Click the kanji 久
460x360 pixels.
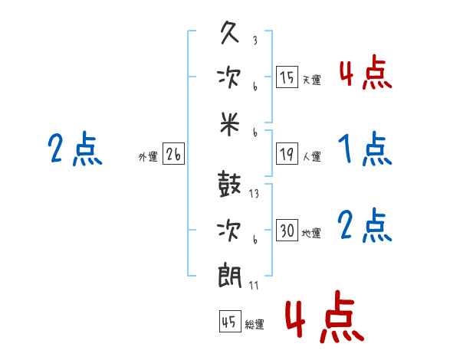230,33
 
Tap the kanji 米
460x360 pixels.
230,124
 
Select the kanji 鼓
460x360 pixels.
229,184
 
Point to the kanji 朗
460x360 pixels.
229,276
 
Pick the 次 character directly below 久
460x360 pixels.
229,78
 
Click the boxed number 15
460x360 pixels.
287,77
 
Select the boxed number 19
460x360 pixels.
287,154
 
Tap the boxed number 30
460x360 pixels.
287,230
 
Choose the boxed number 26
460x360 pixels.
173,154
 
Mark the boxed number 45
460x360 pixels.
230,321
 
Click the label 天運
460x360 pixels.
311,80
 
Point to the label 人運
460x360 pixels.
311,156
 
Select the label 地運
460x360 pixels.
311,234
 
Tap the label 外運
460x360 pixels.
148,156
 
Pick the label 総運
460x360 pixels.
255,325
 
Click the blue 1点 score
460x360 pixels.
365,149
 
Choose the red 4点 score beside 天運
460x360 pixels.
366,72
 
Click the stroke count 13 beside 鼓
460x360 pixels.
254,194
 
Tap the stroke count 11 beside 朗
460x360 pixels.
254,285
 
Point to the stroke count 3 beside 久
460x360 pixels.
255,40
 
